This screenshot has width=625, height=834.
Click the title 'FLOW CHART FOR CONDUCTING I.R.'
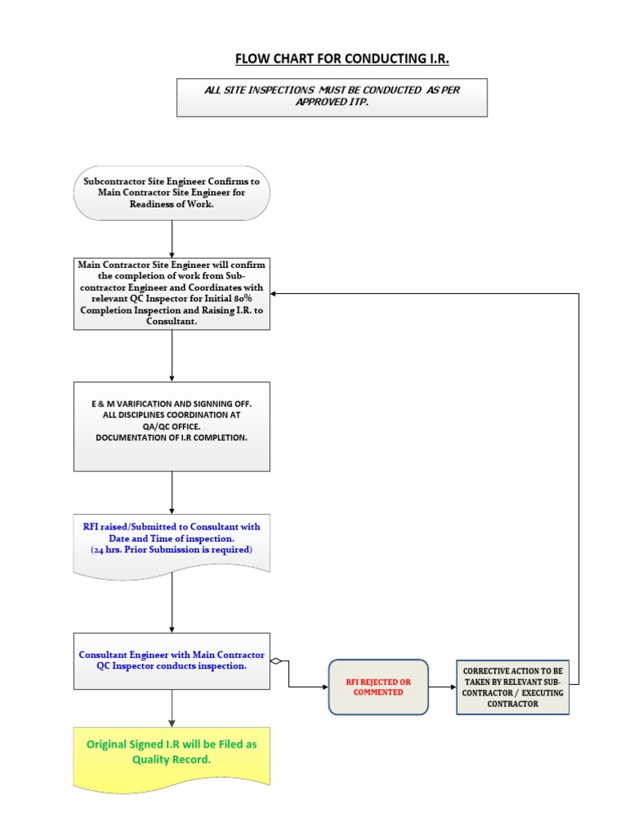click(x=342, y=59)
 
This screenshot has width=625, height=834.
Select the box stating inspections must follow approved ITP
click(x=332, y=97)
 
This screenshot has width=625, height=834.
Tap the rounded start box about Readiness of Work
click(x=172, y=193)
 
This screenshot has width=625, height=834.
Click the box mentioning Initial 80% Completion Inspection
click(x=172, y=294)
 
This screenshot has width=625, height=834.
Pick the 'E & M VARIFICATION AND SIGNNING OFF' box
click(x=172, y=426)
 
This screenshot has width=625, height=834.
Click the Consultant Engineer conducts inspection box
click(x=172, y=661)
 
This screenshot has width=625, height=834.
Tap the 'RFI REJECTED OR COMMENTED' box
click(x=378, y=687)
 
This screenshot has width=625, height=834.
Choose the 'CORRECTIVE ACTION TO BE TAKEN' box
click(x=512, y=687)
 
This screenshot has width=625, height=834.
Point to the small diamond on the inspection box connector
click(x=277, y=661)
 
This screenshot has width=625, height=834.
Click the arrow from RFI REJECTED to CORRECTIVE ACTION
click(x=442, y=687)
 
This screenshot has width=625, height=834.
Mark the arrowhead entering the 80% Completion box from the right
click(x=275, y=294)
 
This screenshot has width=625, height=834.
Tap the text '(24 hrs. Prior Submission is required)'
click(x=172, y=551)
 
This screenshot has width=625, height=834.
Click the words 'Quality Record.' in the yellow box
click(x=172, y=759)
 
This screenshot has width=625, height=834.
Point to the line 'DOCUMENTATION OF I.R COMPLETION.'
click(x=172, y=437)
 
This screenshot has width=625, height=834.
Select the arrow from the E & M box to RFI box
click(x=172, y=492)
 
